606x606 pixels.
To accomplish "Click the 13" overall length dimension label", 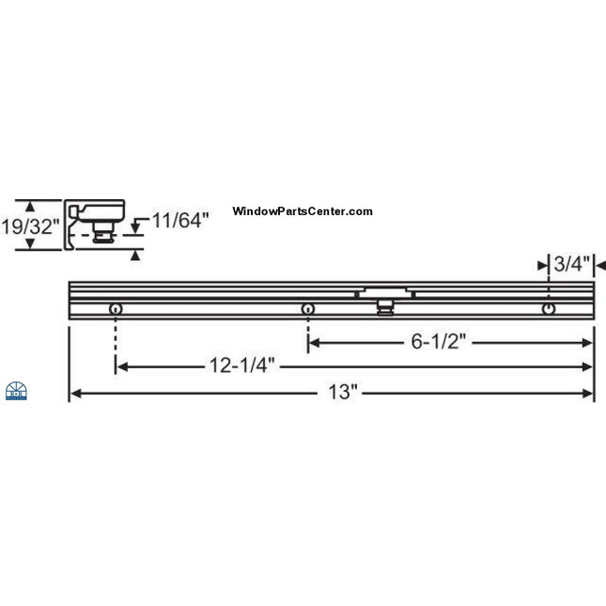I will (x=344, y=391).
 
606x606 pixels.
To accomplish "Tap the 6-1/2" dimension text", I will (x=438, y=342).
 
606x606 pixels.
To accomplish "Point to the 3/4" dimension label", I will (x=571, y=266).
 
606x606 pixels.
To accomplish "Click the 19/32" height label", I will (x=30, y=226).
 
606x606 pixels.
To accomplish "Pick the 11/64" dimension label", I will (x=179, y=221).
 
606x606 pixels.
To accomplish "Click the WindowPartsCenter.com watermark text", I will (x=302, y=212).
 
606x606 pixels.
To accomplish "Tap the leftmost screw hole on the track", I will (x=115, y=310).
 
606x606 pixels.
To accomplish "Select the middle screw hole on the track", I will (x=307, y=309).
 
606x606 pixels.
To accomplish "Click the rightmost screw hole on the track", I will (x=549, y=308).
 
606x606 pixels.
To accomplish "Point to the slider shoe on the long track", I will (x=384, y=300).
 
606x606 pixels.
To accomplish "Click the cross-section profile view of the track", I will (x=96, y=224).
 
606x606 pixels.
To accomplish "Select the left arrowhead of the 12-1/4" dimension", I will (x=121, y=366).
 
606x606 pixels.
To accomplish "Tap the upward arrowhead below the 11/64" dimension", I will (x=137, y=253).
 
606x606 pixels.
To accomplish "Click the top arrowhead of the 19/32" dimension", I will (x=30, y=204).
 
